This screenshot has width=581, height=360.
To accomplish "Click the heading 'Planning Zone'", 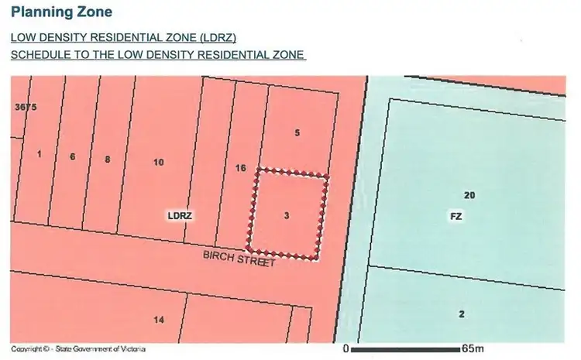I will (61, 12).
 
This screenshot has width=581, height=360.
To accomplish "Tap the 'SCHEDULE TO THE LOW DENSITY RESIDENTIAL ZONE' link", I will (158, 56).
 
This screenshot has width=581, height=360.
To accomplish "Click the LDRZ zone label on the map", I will (180, 216).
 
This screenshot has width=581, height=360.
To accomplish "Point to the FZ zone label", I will (456, 217).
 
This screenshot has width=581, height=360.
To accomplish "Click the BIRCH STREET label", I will (239, 257).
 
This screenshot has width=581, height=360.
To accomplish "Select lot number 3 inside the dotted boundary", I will (287, 216).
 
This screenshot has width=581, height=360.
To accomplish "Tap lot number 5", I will (297, 133).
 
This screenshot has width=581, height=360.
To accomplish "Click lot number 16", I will (240, 168).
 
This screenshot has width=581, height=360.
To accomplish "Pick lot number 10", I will (159, 163).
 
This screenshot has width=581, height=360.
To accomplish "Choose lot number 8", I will (108, 159).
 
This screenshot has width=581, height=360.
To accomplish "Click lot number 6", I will (72, 157).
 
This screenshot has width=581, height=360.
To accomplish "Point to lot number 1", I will (39, 153).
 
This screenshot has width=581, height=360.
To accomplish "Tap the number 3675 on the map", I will (26, 107).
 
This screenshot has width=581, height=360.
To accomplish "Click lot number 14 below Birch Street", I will (159, 320).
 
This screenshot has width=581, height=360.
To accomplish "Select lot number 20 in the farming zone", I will (469, 195).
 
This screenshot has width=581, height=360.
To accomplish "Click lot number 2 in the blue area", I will (462, 314).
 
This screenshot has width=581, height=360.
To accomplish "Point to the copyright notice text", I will (79, 349).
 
